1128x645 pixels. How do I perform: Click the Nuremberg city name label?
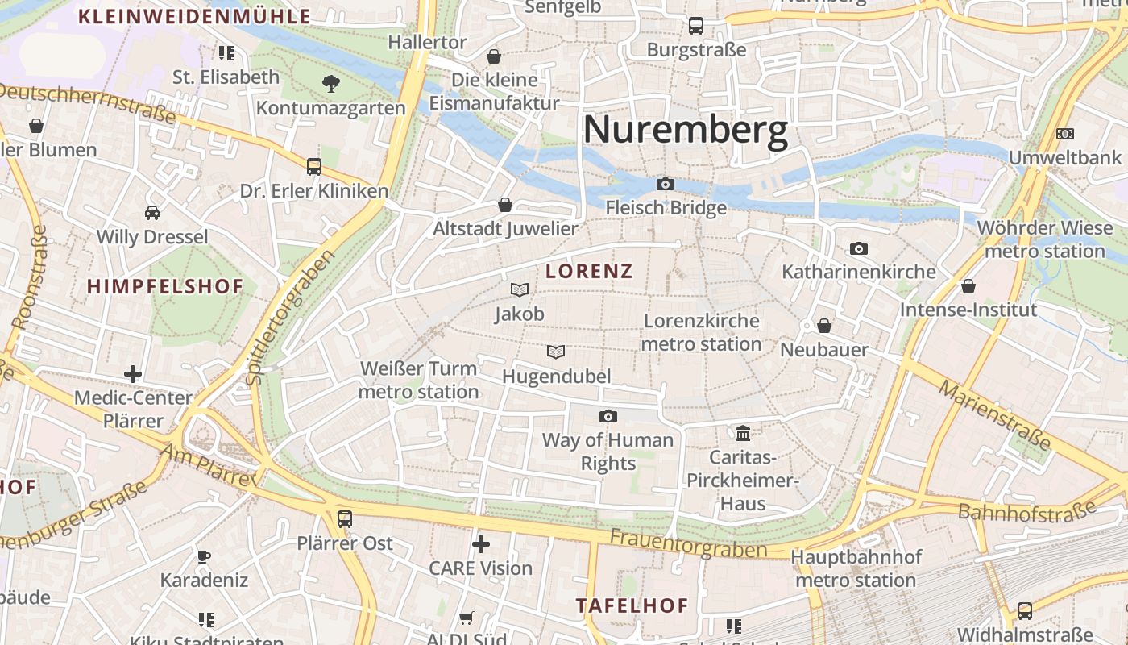685,130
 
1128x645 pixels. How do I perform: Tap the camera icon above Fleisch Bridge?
665,184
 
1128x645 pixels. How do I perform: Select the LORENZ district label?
589,271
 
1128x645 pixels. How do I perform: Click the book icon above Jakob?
520,289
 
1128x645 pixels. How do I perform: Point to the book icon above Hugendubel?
556,352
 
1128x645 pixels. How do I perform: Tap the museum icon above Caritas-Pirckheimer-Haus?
743,434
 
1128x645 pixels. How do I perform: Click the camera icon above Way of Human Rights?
608,416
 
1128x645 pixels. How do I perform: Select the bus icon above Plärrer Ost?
345,518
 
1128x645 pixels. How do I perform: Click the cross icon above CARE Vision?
481,544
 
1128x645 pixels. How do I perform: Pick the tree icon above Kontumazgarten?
330,83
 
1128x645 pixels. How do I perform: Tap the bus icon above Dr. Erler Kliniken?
314,167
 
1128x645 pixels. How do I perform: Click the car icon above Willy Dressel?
152,213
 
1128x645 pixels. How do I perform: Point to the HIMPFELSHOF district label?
165,286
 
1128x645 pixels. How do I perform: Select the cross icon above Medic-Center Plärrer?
133,373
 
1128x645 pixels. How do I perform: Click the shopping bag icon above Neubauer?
824,326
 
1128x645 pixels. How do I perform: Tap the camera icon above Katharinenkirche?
859,248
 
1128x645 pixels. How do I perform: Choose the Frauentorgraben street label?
688,543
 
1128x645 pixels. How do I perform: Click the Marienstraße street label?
995,415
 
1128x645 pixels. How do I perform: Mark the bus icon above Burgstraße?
696,26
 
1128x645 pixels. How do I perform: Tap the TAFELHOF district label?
632,605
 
